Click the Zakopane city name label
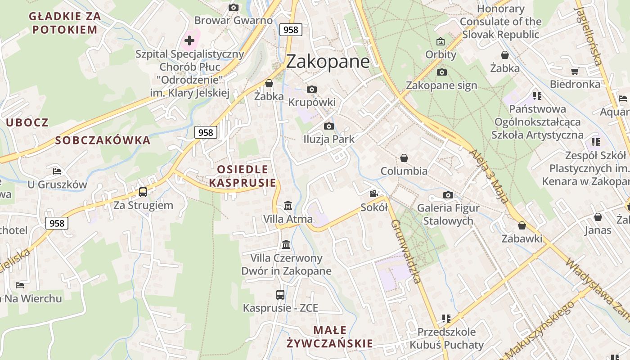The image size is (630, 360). click(328, 62)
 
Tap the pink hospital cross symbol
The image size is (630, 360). click(189, 41)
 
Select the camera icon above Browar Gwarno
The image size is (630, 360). click(233, 7)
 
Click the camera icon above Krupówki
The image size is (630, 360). click(311, 89)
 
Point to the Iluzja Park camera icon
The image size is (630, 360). click(329, 126)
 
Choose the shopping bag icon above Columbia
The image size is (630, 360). click(404, 158)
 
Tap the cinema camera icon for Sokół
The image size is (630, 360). click(373, 193)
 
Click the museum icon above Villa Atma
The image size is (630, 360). click(288, 206)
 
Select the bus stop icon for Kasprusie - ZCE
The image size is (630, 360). click(280, 295)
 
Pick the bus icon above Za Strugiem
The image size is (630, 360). click(143, 192)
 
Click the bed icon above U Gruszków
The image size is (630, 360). click(57, 171)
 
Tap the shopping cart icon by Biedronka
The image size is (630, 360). click(575, 71)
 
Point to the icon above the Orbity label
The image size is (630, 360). click(441, 41)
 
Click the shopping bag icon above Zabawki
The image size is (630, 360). click(522, 225)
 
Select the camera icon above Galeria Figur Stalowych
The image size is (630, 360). click(448, 195)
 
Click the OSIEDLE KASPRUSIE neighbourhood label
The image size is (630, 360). click(243, 176)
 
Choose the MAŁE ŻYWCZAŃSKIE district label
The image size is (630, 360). click(330, 337)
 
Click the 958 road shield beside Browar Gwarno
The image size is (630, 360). click(291, 30)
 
